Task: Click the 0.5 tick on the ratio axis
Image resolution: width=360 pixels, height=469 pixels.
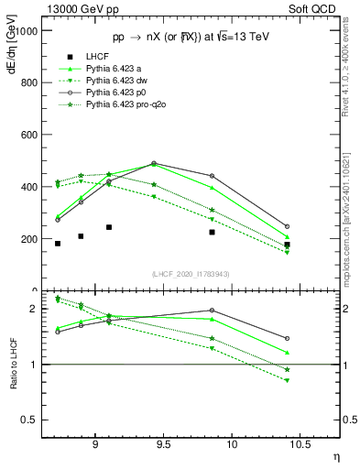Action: (32, 420)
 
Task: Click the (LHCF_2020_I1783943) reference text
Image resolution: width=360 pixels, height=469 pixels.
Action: (191, 275)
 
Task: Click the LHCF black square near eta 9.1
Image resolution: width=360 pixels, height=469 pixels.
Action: (109, 227)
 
